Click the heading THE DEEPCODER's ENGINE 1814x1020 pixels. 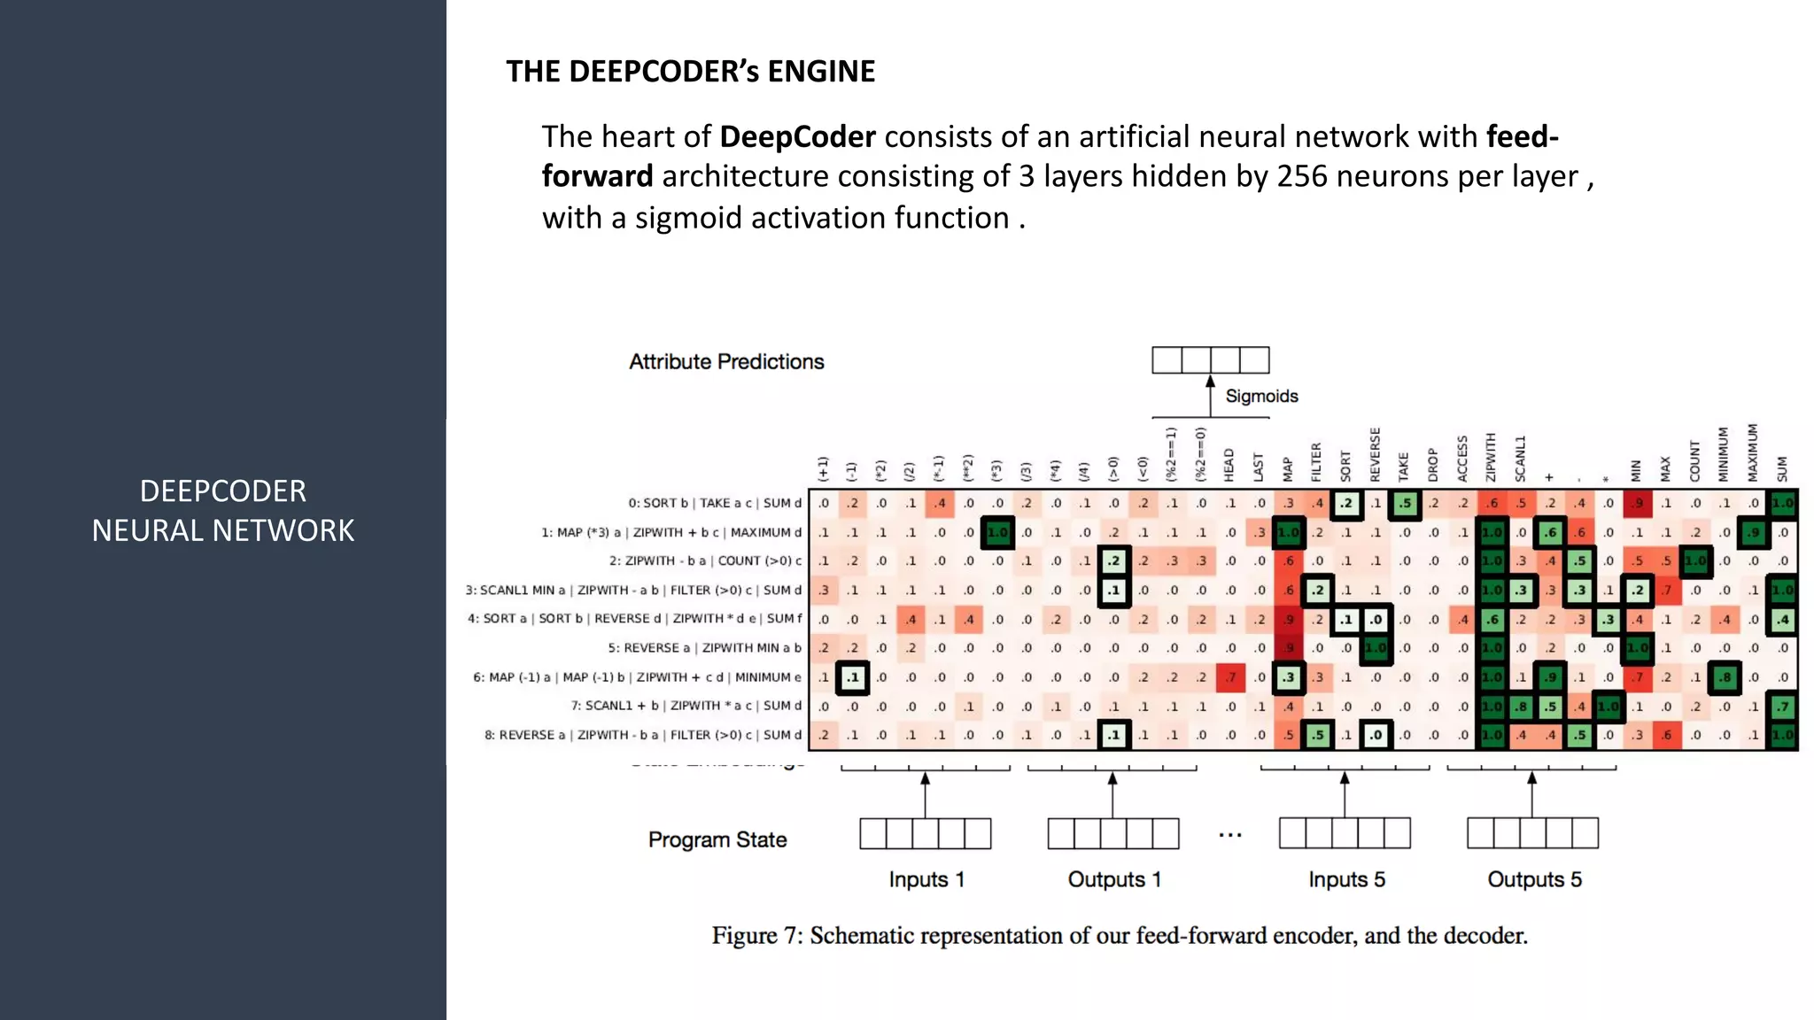690,71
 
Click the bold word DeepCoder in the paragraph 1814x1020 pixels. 797,136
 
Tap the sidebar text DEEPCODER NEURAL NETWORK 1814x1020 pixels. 223,511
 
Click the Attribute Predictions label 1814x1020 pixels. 726,361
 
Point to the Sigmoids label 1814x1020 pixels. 1261,396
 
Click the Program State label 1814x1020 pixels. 717,839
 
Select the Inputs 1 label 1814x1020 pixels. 926,879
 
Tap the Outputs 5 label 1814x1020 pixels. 1534,879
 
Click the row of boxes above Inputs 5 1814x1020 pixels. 1345,833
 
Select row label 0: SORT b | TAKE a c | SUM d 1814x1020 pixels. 715,503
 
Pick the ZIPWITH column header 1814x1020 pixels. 1491,457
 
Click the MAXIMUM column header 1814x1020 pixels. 1752,453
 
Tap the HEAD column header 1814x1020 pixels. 1229,465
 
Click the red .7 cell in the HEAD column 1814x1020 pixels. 1230,677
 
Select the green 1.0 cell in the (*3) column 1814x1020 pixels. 997,532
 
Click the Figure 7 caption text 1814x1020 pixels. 1120,936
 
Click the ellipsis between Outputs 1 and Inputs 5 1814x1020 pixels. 1229,834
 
